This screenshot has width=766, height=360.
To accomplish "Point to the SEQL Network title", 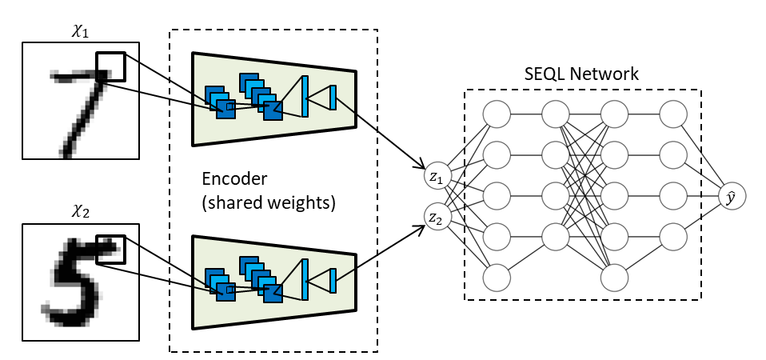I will (x=582, y=74).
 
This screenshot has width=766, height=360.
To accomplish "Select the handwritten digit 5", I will (x=76, y=280).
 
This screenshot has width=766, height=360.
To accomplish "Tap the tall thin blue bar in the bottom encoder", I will (x=305, y=279).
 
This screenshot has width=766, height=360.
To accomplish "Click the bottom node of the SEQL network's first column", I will (x=497, y=278).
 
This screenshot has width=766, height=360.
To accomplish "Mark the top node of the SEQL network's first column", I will (x=497, y=114).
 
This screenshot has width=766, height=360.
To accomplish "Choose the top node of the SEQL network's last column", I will (x=673, y=114).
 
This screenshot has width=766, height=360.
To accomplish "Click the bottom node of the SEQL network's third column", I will (x=614, y=278).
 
